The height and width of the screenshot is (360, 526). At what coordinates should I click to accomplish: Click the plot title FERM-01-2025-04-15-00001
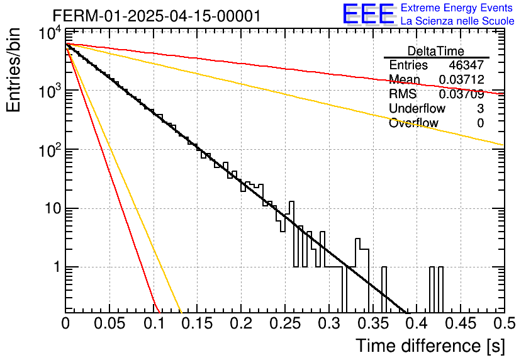click(156, 16)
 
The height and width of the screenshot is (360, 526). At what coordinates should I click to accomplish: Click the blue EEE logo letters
click(369, 14)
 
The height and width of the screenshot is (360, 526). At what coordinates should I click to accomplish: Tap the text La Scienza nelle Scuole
click(457, 21)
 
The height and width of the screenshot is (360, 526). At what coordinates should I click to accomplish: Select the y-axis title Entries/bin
click(14, 70)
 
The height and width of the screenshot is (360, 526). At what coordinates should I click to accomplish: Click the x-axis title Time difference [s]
click(430, 346)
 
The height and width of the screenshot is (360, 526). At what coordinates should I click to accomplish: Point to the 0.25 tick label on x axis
click(285, 323)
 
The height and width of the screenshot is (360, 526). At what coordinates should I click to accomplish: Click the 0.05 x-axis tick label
click(109, 323)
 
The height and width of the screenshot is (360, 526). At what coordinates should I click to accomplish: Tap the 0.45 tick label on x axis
click(461, 323)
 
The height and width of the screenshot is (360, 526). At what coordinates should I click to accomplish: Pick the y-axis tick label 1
click(57, 267)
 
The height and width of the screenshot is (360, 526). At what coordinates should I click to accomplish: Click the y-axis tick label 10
click(53, 209)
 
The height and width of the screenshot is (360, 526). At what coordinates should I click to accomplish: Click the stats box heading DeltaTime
click(436, 51)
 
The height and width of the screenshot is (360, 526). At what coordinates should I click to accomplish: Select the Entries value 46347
click(466, 65)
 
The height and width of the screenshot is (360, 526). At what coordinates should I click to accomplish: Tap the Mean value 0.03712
click(461, 79)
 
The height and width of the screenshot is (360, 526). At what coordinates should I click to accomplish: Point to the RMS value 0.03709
click(461, 94)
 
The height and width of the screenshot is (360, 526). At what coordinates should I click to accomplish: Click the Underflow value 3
click(480, 108)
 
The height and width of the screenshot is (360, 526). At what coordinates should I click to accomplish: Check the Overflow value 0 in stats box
click(480, 123)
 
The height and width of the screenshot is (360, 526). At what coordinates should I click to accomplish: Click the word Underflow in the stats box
click(417, 108)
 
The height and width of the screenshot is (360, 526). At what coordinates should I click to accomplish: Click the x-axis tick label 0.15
click(197, 323)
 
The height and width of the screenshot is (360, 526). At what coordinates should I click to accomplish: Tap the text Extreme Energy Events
click(457, 8)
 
